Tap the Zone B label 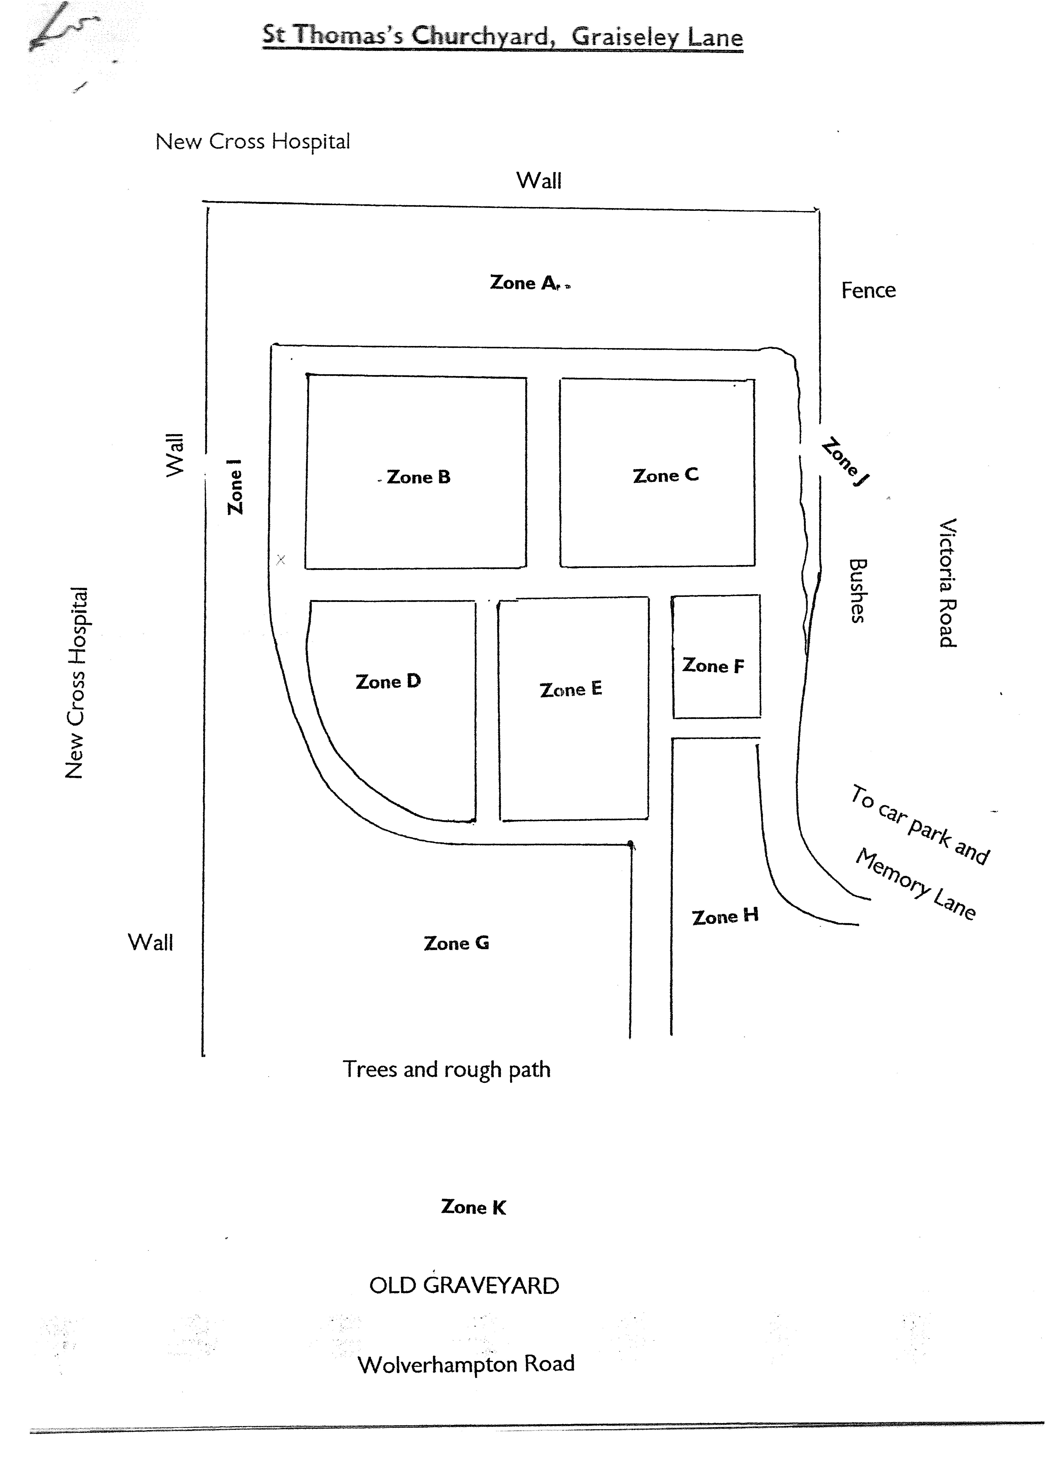click(418, 477)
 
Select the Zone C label click(665, 475)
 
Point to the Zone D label click(388, 682)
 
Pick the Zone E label click(570, 689)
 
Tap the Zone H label click(725, 916)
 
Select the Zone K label click(473, 1207)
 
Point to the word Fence click(868, 291)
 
